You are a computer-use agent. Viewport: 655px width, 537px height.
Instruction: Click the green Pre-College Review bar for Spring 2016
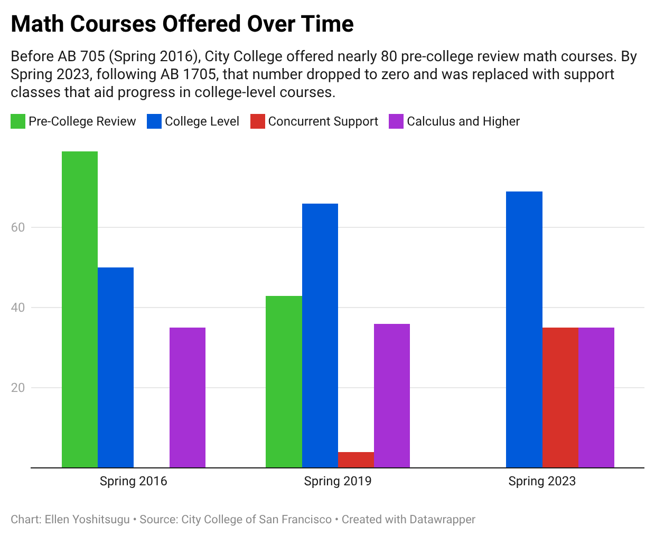[80, 309]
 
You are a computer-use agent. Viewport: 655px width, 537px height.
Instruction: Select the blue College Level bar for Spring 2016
[116, 367]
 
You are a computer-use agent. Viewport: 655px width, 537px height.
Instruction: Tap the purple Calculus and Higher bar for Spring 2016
[188, 397]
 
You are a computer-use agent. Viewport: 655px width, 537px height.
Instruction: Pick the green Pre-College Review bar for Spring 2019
[284, 381]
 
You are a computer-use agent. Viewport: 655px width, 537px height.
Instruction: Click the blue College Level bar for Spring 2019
[320, 335]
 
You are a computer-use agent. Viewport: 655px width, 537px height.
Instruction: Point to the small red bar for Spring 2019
[356, 459]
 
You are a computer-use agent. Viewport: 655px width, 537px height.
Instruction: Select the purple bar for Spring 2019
[392, 396]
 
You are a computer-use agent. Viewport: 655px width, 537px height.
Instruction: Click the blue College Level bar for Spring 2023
[524, 329]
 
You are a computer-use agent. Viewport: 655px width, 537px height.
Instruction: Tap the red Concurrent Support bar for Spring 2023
[560, 397]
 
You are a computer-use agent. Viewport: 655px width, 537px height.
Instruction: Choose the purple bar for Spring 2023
[596, 397]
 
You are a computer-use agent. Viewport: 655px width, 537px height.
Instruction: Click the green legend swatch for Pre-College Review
[18, 121]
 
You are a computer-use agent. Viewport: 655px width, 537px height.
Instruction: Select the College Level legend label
[202, 121]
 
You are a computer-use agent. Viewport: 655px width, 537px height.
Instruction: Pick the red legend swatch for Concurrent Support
[258, 121]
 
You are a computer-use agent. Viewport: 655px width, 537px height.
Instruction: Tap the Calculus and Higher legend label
[463, 121]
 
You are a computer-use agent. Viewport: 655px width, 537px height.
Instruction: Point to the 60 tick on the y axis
[18, 227]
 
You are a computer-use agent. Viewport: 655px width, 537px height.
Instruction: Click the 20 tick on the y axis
[18, 388]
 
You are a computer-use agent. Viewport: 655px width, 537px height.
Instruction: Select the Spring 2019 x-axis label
[338, 481]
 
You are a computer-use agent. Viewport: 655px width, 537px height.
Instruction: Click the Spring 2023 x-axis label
[542, 481]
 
